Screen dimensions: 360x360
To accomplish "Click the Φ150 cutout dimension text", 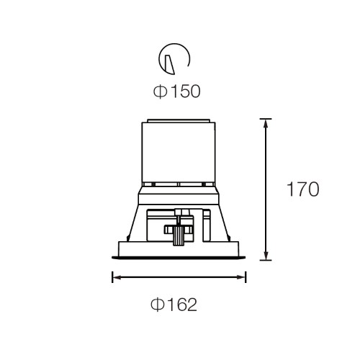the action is click(176, 91).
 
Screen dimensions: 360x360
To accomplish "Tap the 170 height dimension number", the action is click(303, 189).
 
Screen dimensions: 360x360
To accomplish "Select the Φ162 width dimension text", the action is click(174, 305).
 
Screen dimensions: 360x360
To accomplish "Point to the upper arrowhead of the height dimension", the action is click(266, 124).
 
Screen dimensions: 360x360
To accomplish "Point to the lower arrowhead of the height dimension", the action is click(266, 255).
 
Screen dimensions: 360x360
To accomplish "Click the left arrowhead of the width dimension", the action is click(117, 277).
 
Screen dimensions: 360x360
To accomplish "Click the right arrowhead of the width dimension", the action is click(241, 277).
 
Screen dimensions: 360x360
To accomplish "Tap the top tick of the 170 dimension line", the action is click(266, 119).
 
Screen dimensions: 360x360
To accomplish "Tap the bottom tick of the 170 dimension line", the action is click(266, 260).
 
